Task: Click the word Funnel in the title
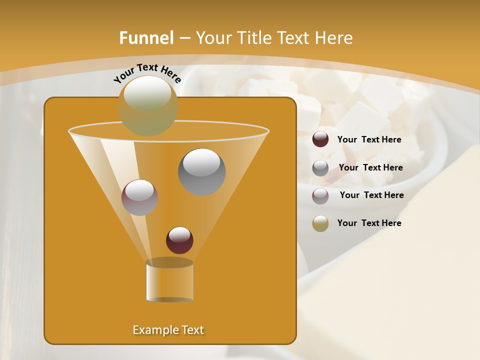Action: (146, 38)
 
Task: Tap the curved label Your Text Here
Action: (147, 73)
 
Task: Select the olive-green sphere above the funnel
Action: (148, 106)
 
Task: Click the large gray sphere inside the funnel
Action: (201, 172)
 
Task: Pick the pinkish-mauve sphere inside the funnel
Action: (139, 197)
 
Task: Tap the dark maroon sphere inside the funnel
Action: (179, 240)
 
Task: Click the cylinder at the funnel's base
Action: (169, 282)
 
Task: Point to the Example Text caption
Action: (168, 330)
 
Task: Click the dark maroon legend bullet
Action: (320, 139)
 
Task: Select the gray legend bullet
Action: (320, 167)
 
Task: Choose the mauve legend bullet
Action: (320, 195)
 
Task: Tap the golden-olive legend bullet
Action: (320, 223)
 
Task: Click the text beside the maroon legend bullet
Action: (369, 140)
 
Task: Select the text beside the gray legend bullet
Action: (370, 168)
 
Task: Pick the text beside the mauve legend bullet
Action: (371, 195)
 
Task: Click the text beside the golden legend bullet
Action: (369, 223)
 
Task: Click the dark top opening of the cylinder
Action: (169, 262)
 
